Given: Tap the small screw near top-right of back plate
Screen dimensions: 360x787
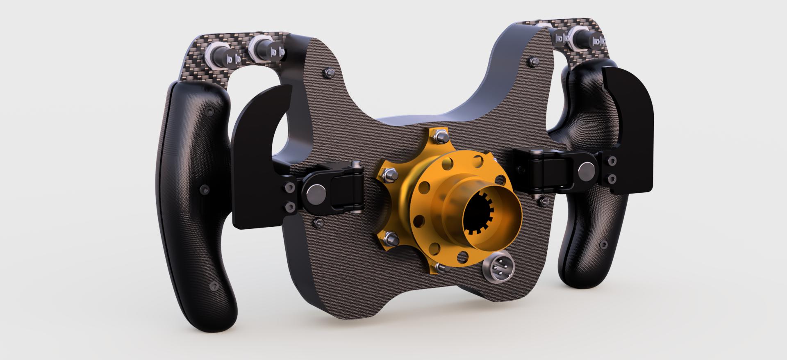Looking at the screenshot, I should point(534,62).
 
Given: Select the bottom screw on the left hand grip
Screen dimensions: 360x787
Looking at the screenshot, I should point(213,285).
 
